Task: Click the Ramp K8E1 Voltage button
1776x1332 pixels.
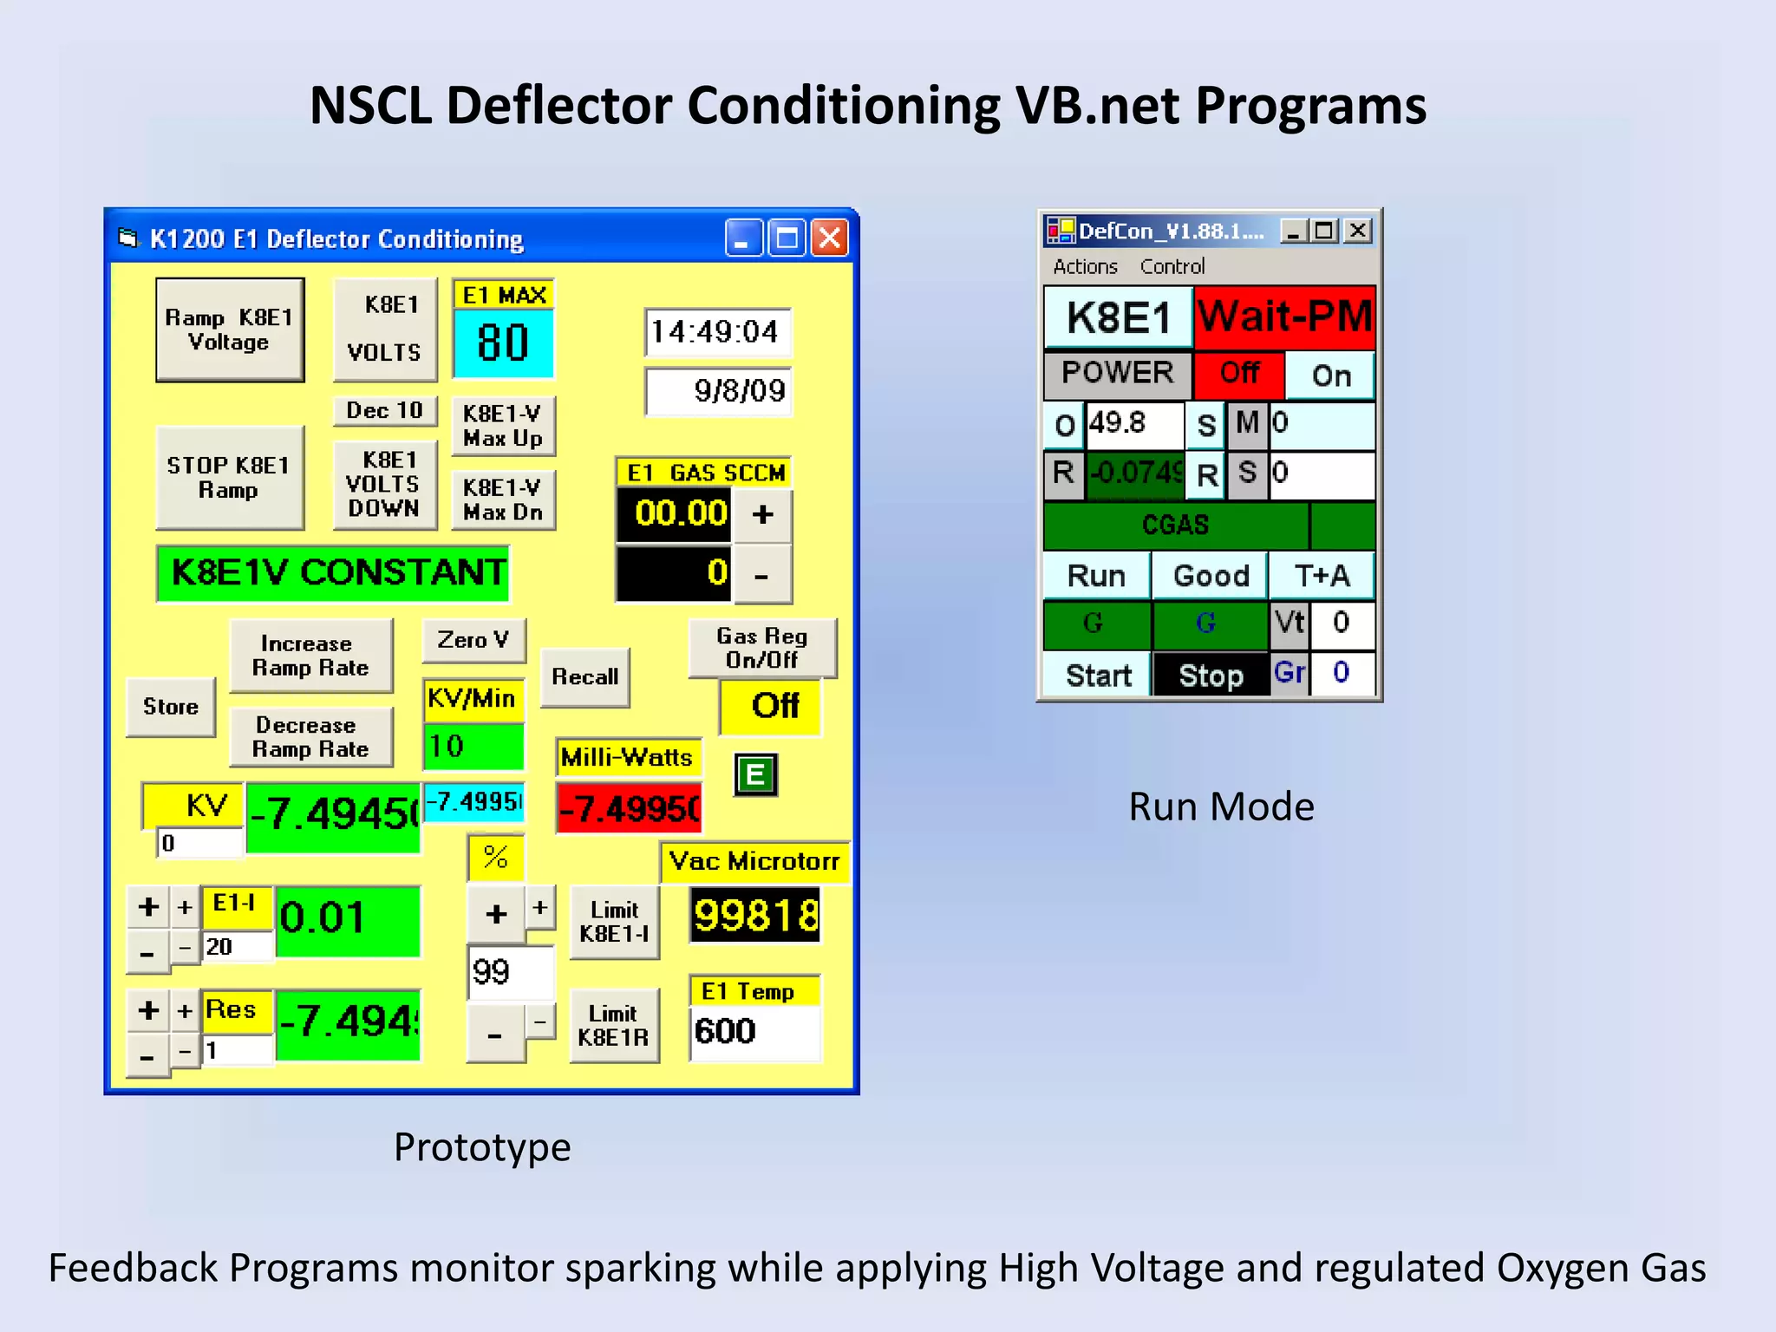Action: click(230, 330)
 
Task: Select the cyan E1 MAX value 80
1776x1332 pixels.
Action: click(503, 343)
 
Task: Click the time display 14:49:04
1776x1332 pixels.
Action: click(716, 332)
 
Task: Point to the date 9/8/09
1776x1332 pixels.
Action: click(718, 391)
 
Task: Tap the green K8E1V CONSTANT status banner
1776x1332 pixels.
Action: click(334, 573)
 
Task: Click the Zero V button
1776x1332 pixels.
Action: click(473, 640)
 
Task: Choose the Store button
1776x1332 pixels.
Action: click(171, 707)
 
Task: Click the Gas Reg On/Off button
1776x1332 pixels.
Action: click(761, 648)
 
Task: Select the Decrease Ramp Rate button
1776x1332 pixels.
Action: click(310, 737)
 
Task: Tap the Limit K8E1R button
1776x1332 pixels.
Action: click(613, 1025)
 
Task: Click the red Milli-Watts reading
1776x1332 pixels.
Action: click(629, 808)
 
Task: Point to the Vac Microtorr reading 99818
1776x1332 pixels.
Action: click(754, 916)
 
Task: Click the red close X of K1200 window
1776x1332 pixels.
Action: click(830, 238)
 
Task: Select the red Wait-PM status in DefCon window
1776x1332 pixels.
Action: click(1284, 317)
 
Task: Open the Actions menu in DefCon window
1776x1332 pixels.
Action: click(1085, 266)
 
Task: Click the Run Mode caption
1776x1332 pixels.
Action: click(1221, 806)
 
